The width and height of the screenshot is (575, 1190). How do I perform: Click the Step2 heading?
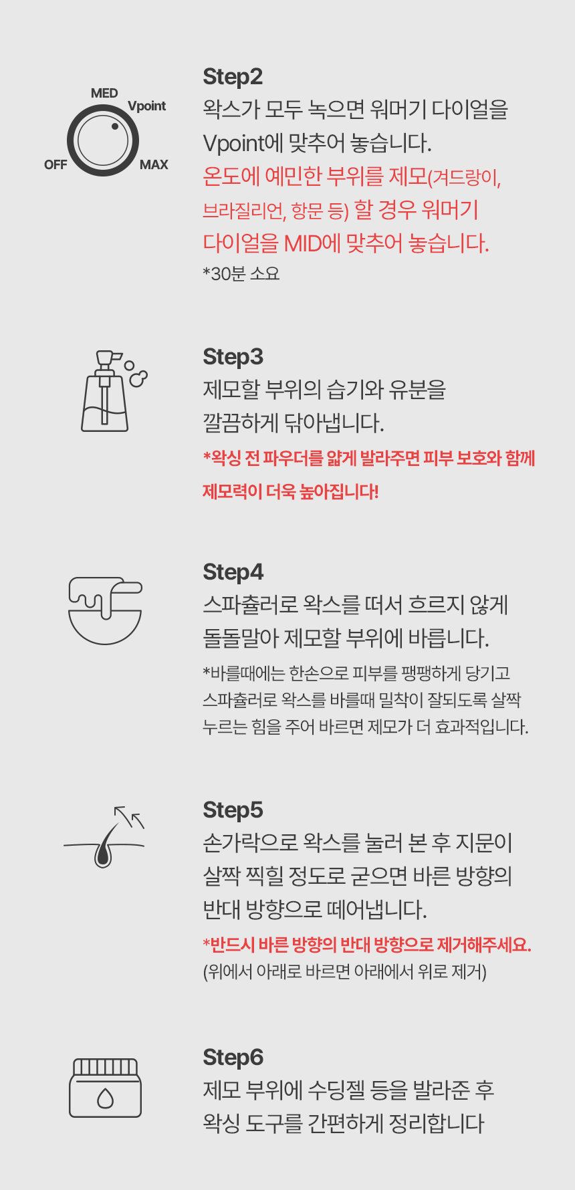[233, 78]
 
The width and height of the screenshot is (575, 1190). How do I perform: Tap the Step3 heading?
[233, 358]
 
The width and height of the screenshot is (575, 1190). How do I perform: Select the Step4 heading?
[233, 573]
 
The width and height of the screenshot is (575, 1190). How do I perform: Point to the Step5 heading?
[233, 811]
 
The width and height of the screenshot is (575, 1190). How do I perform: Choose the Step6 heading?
[233, 1058]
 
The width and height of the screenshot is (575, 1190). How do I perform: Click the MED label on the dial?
[104, 94]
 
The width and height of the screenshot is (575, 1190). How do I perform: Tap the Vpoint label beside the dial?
[146, 106]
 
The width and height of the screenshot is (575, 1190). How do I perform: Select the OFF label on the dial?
[55, 165]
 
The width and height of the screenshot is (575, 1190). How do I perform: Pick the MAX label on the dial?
[154, 165]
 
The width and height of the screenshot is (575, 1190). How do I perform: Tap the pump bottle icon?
[105, 391]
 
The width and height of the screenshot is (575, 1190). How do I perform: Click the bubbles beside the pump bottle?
[136, 374]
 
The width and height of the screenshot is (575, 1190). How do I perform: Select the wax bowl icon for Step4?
[105, 610]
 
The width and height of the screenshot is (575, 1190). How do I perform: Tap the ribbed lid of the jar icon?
[105, 1066]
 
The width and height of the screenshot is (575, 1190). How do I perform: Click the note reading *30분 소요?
[241, 274]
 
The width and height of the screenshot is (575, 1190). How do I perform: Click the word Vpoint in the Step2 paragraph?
[234, 144]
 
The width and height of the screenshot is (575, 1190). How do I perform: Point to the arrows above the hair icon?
[129, 817]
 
